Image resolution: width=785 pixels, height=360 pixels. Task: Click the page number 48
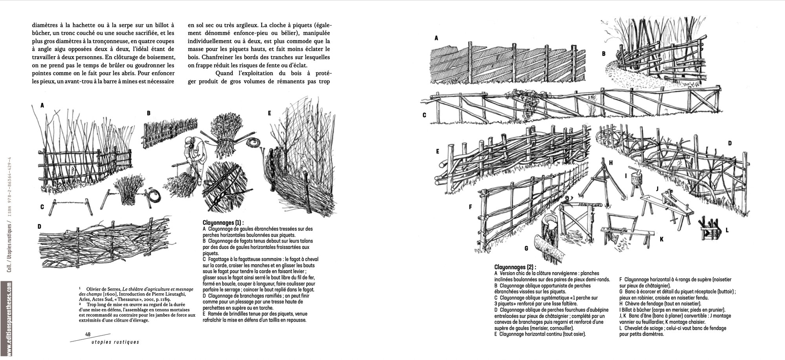[x=88, y=334]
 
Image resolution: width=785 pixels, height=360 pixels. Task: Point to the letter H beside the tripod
[x=611, y=163]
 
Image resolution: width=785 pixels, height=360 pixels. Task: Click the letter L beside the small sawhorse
[x=727, y=230]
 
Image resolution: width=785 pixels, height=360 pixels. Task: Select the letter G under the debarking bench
[x=526, y=248]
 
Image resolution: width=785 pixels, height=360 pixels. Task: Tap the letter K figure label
[x=661, y=239]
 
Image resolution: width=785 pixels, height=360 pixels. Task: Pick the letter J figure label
[x=657, y=189]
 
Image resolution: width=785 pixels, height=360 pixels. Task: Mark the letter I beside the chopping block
[x=626, y=175]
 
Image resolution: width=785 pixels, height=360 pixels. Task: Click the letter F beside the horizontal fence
[x=470, y=206]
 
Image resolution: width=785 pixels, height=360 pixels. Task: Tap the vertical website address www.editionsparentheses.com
[x=9, y=318]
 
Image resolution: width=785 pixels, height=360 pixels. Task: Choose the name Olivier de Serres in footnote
[x=104, y=289]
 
